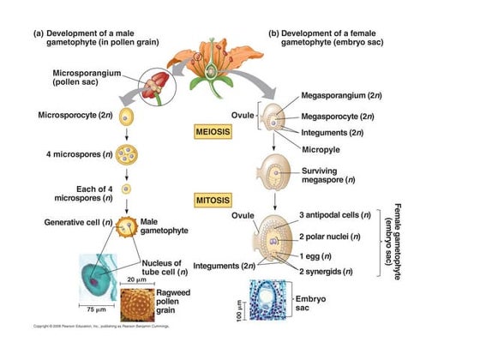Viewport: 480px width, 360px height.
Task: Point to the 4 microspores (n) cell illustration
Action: tap(126, 157)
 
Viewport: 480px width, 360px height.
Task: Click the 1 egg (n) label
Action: tap(316, 257)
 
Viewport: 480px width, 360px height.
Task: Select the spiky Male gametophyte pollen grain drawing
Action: tap(128, 226)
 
